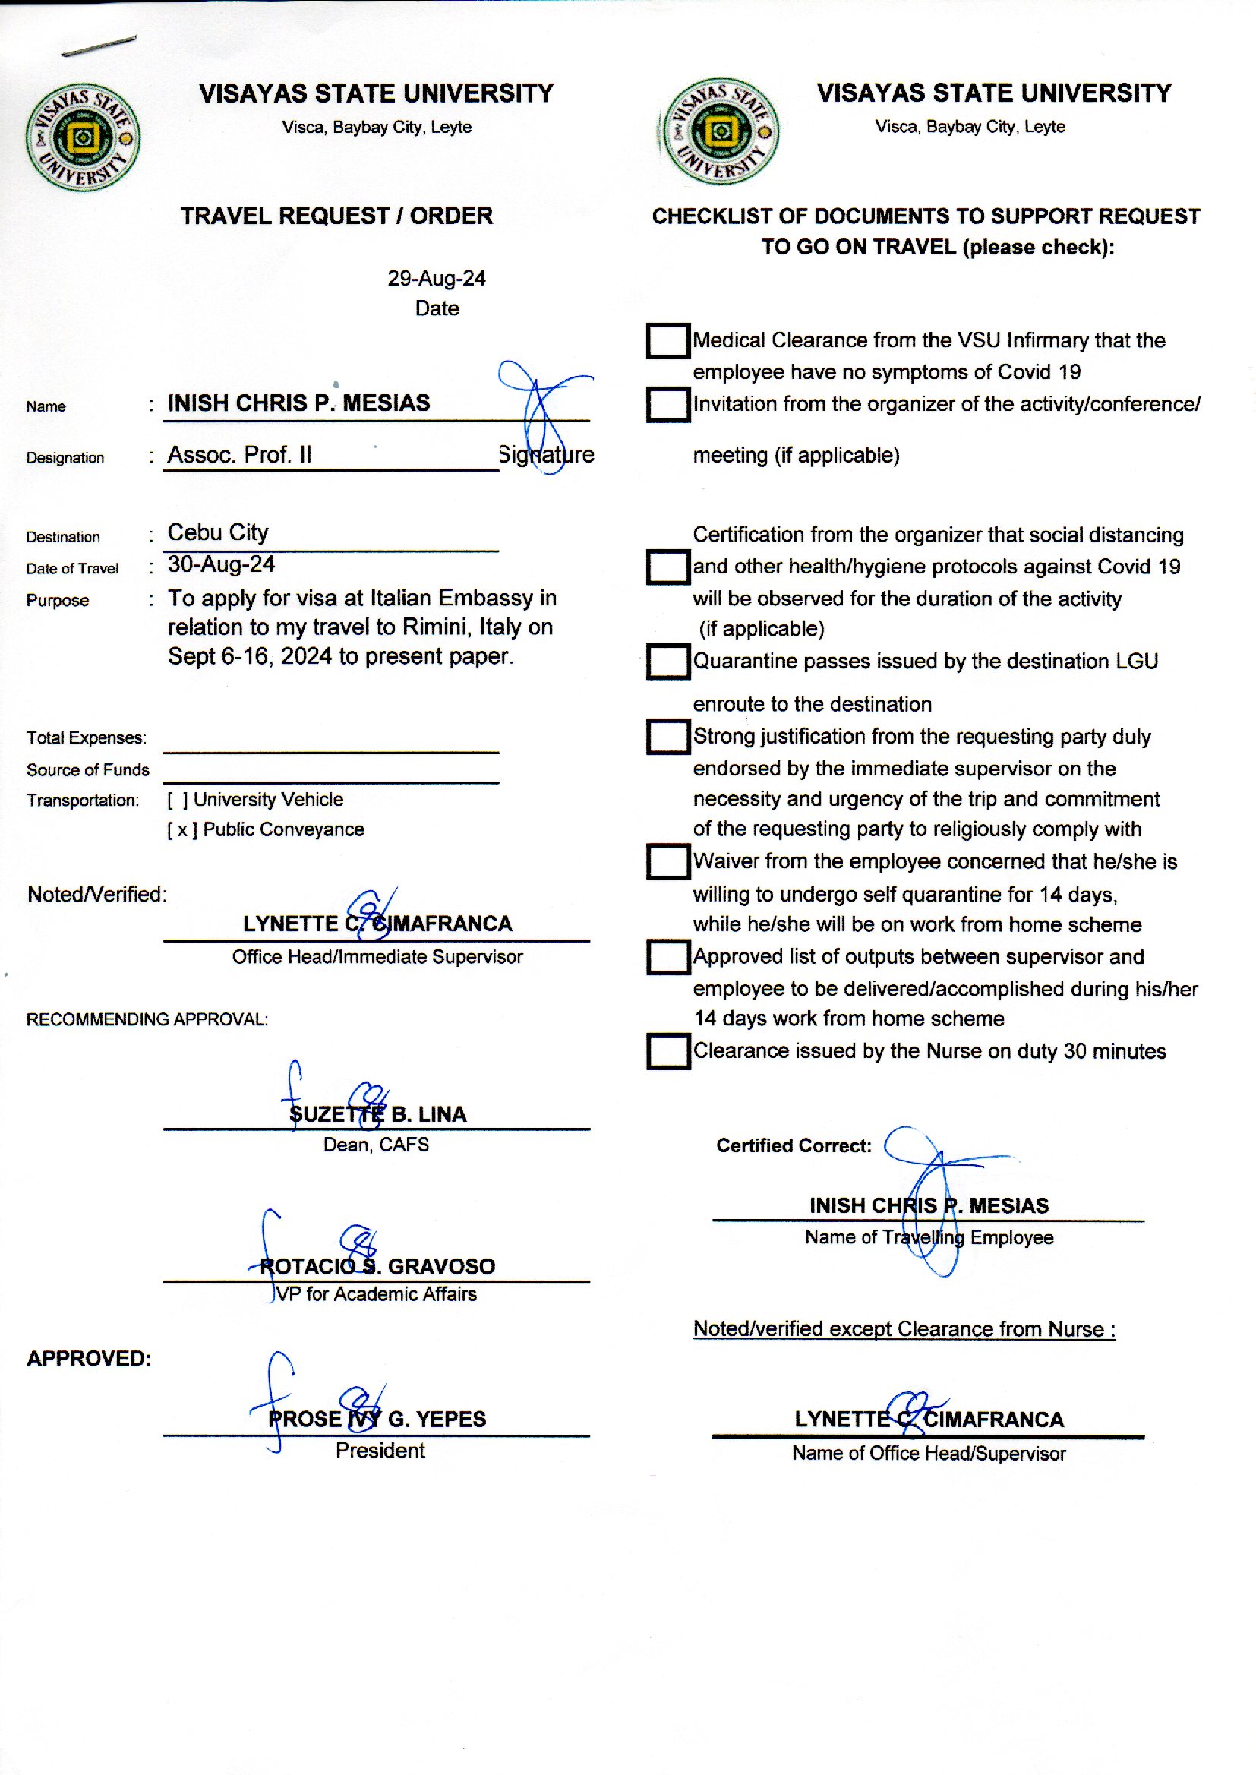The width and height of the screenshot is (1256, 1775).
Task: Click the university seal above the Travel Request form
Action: click(x=83, y=137)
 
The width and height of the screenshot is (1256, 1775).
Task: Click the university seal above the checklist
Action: click(x=720, y=131)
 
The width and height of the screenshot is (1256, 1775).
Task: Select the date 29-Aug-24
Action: click(x=436, y=279)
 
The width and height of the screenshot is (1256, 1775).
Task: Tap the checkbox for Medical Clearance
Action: click(x=667, y=341)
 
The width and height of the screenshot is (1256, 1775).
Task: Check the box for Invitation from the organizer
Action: click(x=667, y=405)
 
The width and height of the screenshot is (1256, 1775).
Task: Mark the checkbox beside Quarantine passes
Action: click(x=667, y=662)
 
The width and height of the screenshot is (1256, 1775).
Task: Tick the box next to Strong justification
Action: click(x=667, y=736)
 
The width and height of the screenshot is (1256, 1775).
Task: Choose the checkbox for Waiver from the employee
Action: click(x=667, y=861)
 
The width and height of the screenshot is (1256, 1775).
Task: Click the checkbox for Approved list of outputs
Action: click(x=667, y=957)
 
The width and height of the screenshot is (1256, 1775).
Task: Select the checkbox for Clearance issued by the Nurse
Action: click(x=667, y=1051)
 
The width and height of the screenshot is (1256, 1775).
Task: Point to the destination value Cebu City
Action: click(x=218, y=533)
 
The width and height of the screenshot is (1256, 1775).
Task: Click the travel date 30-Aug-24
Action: click(x=221, y=564)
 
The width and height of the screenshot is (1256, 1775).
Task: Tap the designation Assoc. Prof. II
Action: click(x=240, y=455)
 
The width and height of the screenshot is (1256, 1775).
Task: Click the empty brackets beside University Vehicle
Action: click(x=178, y=800)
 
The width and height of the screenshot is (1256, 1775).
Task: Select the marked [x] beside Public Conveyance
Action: click(x=182, y=830)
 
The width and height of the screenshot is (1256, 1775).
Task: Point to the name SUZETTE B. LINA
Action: click(x=377, y=1114)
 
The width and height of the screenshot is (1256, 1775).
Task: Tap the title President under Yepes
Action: click(x=380, y=1451)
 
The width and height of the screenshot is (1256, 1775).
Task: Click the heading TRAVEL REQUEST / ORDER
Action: click(x=336, y=216)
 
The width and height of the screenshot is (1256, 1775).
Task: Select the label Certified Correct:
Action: click(x=794, y=1145)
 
